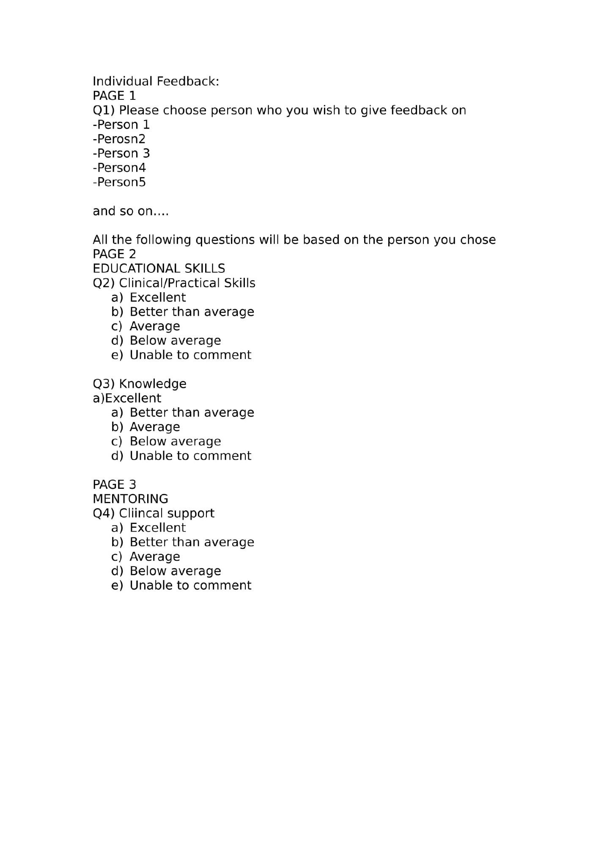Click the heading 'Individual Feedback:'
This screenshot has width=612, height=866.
(x=156, y=81)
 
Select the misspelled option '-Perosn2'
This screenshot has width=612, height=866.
(x=119, y=139)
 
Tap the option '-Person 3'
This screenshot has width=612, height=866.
(x=121, y=153)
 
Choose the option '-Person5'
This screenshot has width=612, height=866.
(x=119, y=182)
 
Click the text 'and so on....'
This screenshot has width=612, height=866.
(x=130, y=211)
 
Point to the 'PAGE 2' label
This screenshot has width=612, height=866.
(x=114, y=254)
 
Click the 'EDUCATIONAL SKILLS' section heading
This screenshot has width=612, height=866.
(x=159, y=269)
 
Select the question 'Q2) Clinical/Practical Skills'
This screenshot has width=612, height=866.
(x=174, y=283)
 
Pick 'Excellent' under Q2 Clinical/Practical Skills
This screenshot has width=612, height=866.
(x=157, y=297)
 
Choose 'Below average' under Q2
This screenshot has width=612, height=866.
(x=175, y=340)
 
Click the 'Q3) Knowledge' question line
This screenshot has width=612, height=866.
(x=139, y=384)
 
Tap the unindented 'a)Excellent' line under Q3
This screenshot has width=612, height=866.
(x=127, y=398)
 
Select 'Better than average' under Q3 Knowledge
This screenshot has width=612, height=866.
(x=192, y=412)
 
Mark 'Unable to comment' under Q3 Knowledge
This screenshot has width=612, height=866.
(x=190, y=455)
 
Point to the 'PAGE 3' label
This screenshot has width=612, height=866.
(x=114, y=484)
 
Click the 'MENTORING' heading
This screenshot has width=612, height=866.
(x=130, y=499)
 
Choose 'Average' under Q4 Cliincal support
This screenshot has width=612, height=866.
(x=155, y=556)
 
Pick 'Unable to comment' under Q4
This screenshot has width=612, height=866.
(x=190, y=585)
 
